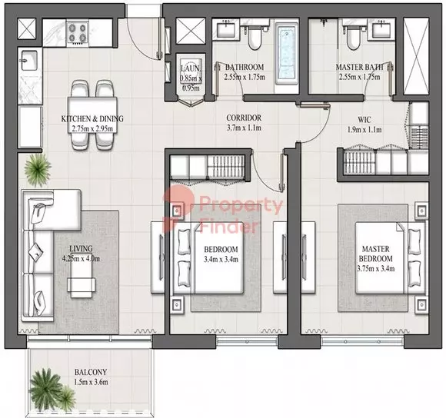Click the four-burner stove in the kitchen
pyautogui.click(x=78, y=33)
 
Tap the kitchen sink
pyautogui.click(x=29, y=61)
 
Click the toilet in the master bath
pyautogui.click(x=353, y=35)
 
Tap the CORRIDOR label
pyautogui.click(x=244, y=118)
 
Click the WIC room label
pyautogui.click(x=364, y=120)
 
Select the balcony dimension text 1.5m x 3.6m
pyautogui.click(x=91, y=382)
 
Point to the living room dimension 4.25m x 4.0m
pyautogui.click(x=81, y=259)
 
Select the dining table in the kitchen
pyautogui.click(x=92, y=115)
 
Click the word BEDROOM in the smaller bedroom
pyautogui.click(x=221, y=250)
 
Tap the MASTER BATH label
pyautogui.click(x=359, y=67)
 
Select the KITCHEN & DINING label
pyautogui.click(x=92, y=118)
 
